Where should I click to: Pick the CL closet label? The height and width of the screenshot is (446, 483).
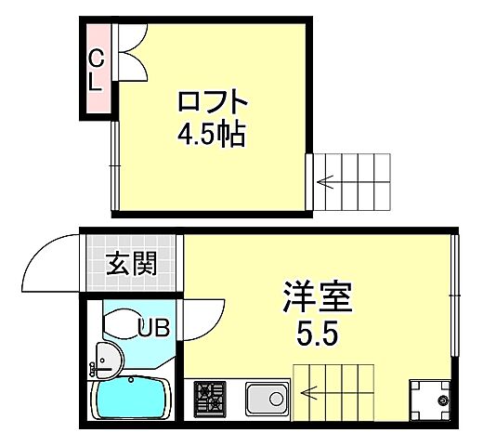(96, 70)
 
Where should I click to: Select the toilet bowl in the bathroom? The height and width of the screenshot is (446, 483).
(121, 323)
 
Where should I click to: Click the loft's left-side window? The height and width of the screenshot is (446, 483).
(113, 167)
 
